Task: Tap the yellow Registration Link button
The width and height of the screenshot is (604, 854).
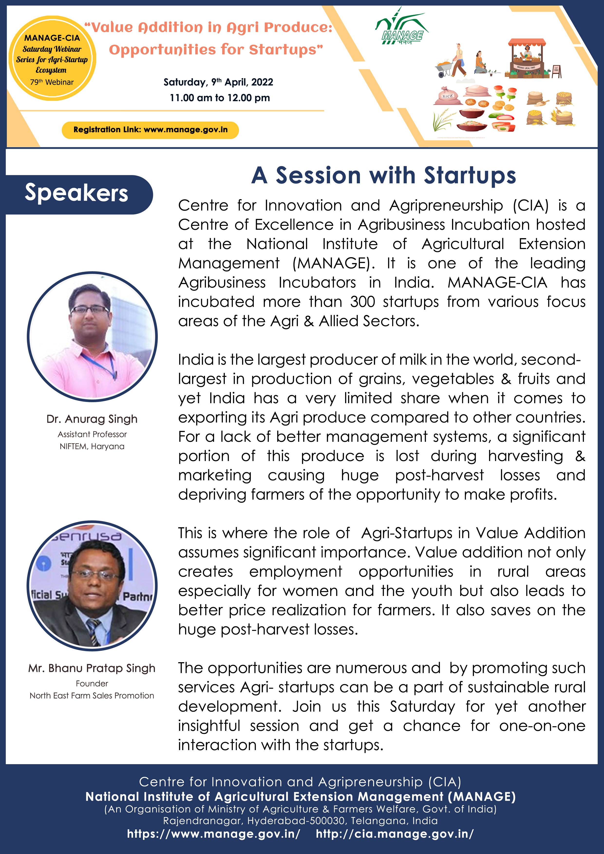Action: click(x=150, y=130)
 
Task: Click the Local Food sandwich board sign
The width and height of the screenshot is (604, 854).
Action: click(x=556, y=71)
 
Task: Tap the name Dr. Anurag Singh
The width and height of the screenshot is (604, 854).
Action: click(x=92, y=419)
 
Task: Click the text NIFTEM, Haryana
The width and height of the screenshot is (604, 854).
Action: click(x=92, y=446)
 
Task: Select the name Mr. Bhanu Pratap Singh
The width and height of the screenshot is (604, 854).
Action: click(x=92, y=668)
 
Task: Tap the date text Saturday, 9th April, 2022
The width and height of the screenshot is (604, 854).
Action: click(x=218, y=82)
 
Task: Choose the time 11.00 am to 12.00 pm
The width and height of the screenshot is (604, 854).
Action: click(x=220, y=98)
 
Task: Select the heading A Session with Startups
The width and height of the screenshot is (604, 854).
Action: click(x=384, y=175)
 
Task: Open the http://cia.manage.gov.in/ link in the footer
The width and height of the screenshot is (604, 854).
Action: click(x=395, y=834)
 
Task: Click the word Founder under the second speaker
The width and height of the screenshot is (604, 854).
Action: click(x=92, y=684)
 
